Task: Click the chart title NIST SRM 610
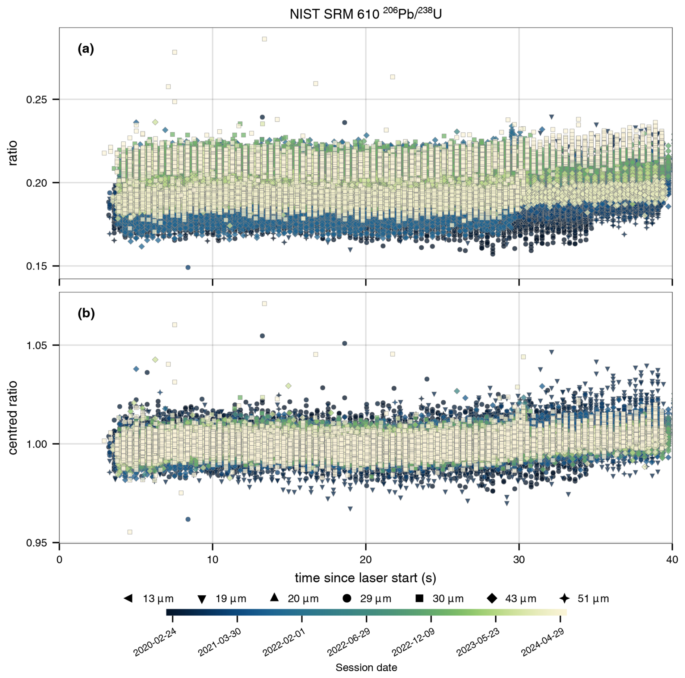coord(365,14)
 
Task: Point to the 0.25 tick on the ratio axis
coord(37,99)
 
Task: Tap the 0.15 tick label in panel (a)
coord(37,266)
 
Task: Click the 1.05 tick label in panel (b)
coord(37,345)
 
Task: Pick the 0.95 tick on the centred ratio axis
coord(37,542)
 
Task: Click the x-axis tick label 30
coord(519,560)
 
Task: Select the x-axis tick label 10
coord(213,560)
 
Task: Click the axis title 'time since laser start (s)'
coord(365,578)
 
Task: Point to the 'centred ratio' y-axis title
coord(13,417)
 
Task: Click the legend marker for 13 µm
coord(128,598)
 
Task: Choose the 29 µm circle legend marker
coord(346,598)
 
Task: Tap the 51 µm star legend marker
coord(564,598)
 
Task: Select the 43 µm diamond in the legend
coord(492,598)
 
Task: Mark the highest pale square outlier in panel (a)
coord(264,39)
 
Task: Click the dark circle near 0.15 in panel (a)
coord(188,267)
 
